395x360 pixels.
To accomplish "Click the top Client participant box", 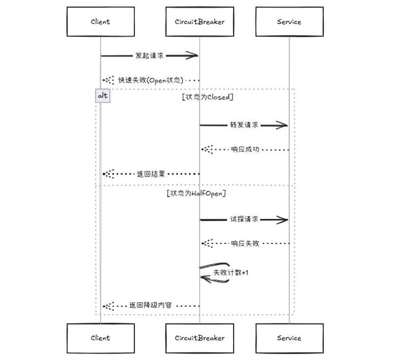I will (100, 22).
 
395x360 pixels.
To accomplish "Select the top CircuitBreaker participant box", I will (199, 22).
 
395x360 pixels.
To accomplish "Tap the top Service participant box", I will (289, 22).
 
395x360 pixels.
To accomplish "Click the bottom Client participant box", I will (100, 338).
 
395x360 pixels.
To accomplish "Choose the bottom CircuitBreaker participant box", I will (199, 338).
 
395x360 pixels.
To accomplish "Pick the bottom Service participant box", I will (289, 338).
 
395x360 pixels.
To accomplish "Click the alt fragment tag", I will (103, 96).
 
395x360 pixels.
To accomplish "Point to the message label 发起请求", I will (150, 56).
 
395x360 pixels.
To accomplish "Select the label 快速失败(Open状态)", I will (151, 80).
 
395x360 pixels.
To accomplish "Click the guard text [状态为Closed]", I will (207, 97).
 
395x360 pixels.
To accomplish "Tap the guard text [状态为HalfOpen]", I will (197, 193).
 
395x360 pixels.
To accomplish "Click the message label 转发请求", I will (244, 125).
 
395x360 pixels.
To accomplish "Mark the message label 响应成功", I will (245, 150).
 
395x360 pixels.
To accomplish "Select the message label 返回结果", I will (151, 174).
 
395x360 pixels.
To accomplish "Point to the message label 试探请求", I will (244, 219).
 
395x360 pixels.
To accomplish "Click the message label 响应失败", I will (245, 243).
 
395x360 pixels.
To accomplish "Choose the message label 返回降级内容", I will (151, 306).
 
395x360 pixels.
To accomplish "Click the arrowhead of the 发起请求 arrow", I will (194, 56).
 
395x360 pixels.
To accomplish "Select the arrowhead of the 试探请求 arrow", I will (283, 219).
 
